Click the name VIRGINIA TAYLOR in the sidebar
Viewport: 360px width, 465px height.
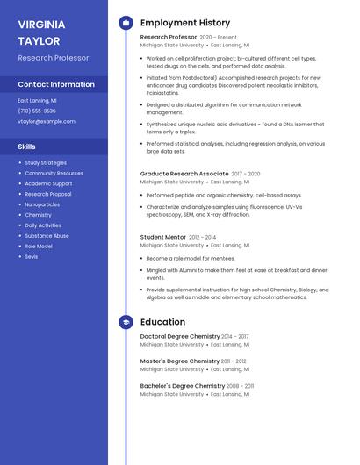pyautogui.click(x=40, y=32)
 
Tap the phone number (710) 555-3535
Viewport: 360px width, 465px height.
pyautogui.click(x=37, y=111)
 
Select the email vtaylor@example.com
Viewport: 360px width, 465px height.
pyautogui.click(x=47, y=121)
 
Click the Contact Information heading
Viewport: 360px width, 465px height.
pyautogui.click(x=56, y=84)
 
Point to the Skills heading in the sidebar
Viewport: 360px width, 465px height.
pyautogui.click(x=27, y=147)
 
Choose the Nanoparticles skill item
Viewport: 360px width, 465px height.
pyautogui.click(x=42, y=204)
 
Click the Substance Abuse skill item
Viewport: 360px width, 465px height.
pyautogui.click(x=47, y=235)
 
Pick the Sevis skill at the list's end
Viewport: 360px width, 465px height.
pyautogui.click(x=31, y=256)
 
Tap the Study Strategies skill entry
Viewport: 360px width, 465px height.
pyautogui.click(x=46, y=162)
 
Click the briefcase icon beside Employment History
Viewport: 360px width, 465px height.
pyautogui.click(x=126, y=23)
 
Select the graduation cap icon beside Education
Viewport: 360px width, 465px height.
pyautogui.click(x=126, y=322)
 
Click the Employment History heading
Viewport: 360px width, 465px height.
pyautogui.click(x=185, y=23)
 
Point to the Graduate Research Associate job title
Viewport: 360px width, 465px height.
pyautogui.click(x=184, y=174)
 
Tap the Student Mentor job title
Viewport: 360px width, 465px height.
pyautogui.click(x=163, y=237)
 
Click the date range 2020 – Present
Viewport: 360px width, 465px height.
pyautogui.click(x=219, y=38)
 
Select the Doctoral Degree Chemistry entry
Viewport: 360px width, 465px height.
pyautogui.click(x=180, y=336)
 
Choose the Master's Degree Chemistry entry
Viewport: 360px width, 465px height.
pyautogui.click(x=180, y=361)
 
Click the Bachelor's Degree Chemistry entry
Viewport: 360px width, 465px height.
pyautogui.click(x=183, y=385)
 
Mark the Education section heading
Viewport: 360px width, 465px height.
pyautogui.click(x=162, y=322)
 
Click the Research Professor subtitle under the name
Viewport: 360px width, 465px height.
pyautogui.click(x=53, y=58)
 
